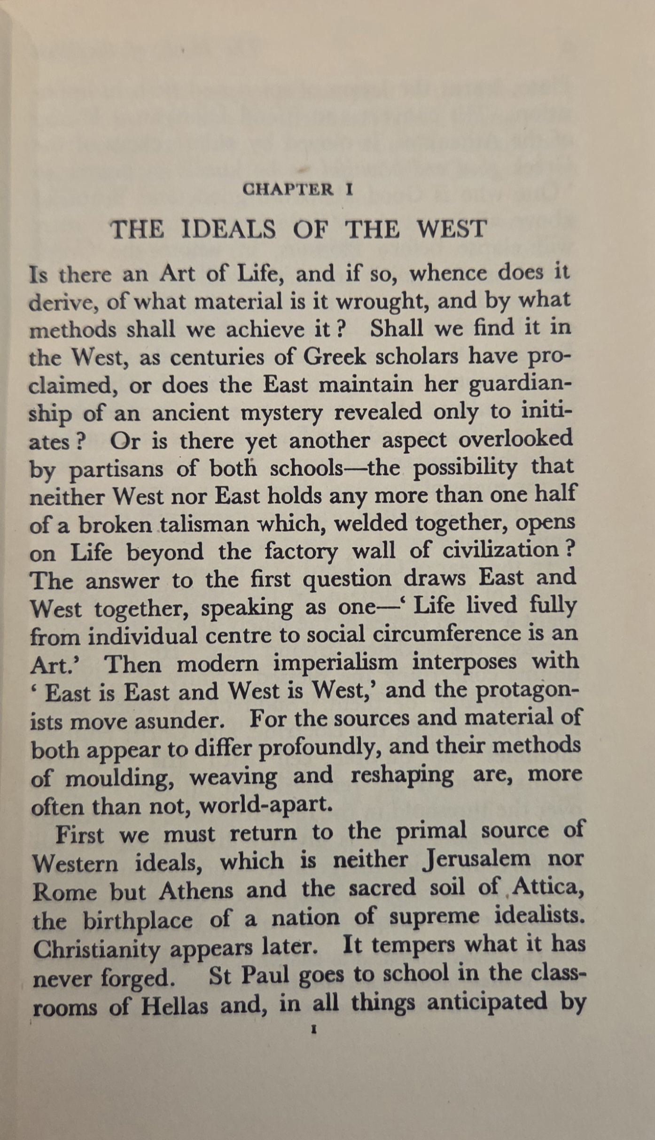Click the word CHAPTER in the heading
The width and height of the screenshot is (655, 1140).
click(x=288, y=189)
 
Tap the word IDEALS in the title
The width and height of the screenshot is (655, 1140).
click(x=228, y=230)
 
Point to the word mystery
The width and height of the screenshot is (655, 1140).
click(x=281, y=414)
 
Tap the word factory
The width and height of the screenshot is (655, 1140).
click(x=301, y=552)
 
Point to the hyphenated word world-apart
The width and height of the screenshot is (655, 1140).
click(x=266, y=805)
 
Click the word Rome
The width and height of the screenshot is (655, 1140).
click(x=64, y=891)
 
